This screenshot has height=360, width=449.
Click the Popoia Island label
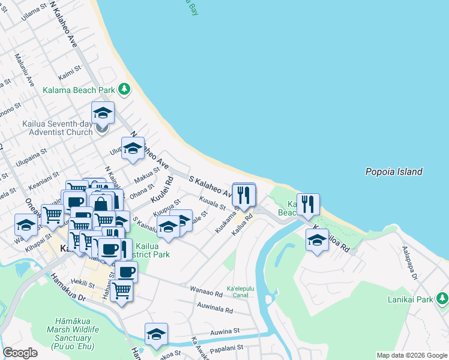pos(394,172)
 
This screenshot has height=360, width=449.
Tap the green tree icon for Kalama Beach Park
pos(124,89)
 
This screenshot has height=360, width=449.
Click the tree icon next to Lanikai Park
pos(442,298)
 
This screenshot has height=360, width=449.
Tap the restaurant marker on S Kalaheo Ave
pos(244,195)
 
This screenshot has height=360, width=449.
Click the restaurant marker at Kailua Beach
pos(308,205)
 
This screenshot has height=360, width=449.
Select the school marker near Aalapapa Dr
pos(317,241)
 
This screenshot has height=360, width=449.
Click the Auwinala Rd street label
pos(214,309)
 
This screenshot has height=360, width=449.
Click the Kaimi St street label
pos(70,73)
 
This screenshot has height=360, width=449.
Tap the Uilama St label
pos(34,11)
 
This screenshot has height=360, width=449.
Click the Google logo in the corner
pos(20,353)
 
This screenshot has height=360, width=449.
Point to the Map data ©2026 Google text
pos(411,355)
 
